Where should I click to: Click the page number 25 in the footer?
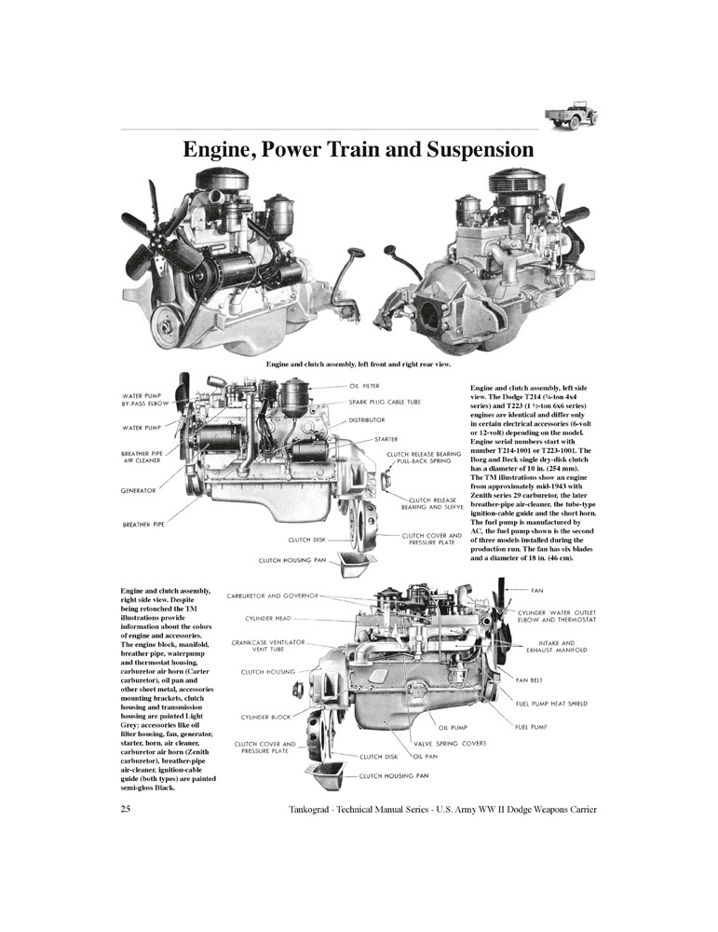click(x=126, y=809)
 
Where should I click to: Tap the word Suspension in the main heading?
click(x=468, y=149)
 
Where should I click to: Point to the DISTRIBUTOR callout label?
click(x=367, y=420)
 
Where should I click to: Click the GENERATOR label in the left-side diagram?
click(x=138, y=489)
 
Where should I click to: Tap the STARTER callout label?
click(x=386, y=438)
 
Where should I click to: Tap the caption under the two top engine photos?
click(x=359, y=363)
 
